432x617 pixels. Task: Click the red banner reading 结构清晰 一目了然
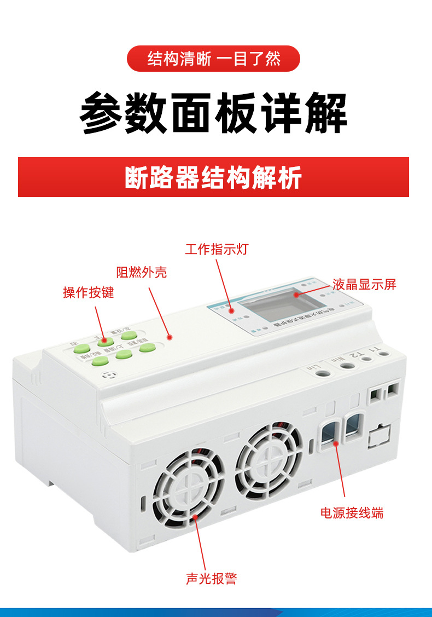[x=214, y=59]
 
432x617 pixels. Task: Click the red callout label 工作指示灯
[x=217, y=250]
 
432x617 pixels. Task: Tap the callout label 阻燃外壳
[x=142, y=272]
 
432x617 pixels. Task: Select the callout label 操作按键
[x=89, y=292]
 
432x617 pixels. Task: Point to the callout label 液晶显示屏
[x=364, y=285]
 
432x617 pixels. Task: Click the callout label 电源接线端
[x=352, y=513]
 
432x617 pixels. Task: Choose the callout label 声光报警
[x=212, y=579]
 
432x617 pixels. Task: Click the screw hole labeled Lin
[x=324, y=373]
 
